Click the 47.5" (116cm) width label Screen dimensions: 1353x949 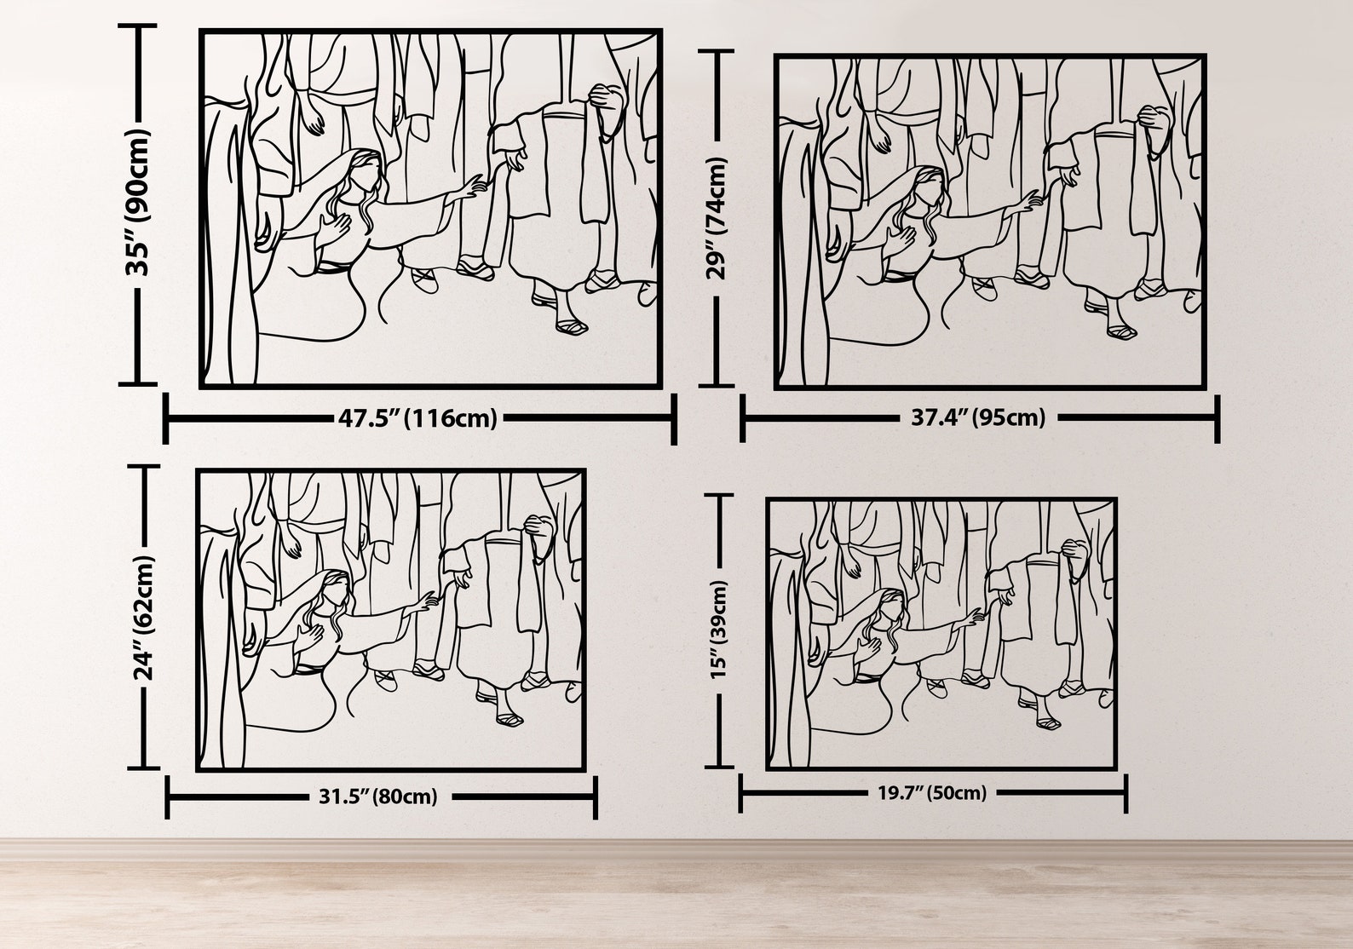pyautogui.click(x=417, y=418)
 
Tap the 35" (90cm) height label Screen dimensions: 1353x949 pyautogui.click(x=138, y=204)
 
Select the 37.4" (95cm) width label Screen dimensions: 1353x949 pyautogui.click(x=978, y=417)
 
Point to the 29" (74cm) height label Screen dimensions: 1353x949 pyautogui.click(x=717, y=218)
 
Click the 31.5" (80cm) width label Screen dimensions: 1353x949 pyautogui.click(x=378, y=797)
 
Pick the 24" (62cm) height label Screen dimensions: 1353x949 pyautogui.click(x=145, y=618)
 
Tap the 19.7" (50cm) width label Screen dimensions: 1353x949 pyautogui.click(x=932, y=792)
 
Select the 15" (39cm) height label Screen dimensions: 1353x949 pyautogui.click(x=719, y=630)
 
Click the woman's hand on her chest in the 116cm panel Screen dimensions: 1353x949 pyautogui.click(x=336, y=227)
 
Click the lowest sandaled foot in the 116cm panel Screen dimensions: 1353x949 pyautogui.click(x=572, y=327)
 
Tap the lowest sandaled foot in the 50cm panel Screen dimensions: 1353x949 pyautogui.click(x=1048, y=722)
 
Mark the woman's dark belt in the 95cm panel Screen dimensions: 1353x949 pyautogui.click(x=899, y=276)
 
